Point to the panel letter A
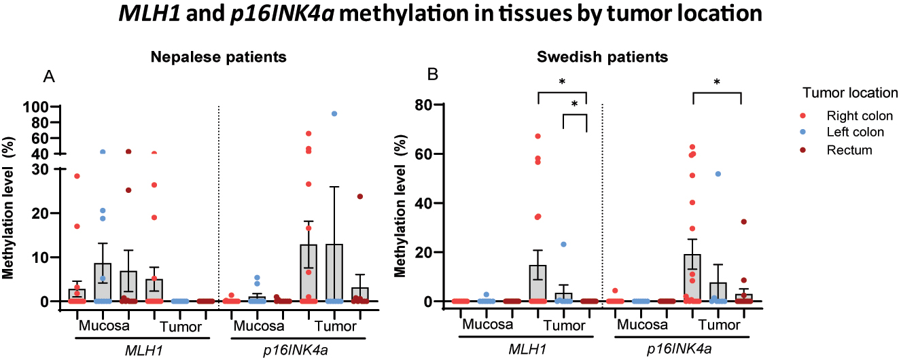pos(49,77)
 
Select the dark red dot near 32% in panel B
pos(743,221)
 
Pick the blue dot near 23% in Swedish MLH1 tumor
pos(563,244)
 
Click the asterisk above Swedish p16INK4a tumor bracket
pos(716,83)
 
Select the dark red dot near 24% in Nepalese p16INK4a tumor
pos(359,196)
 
